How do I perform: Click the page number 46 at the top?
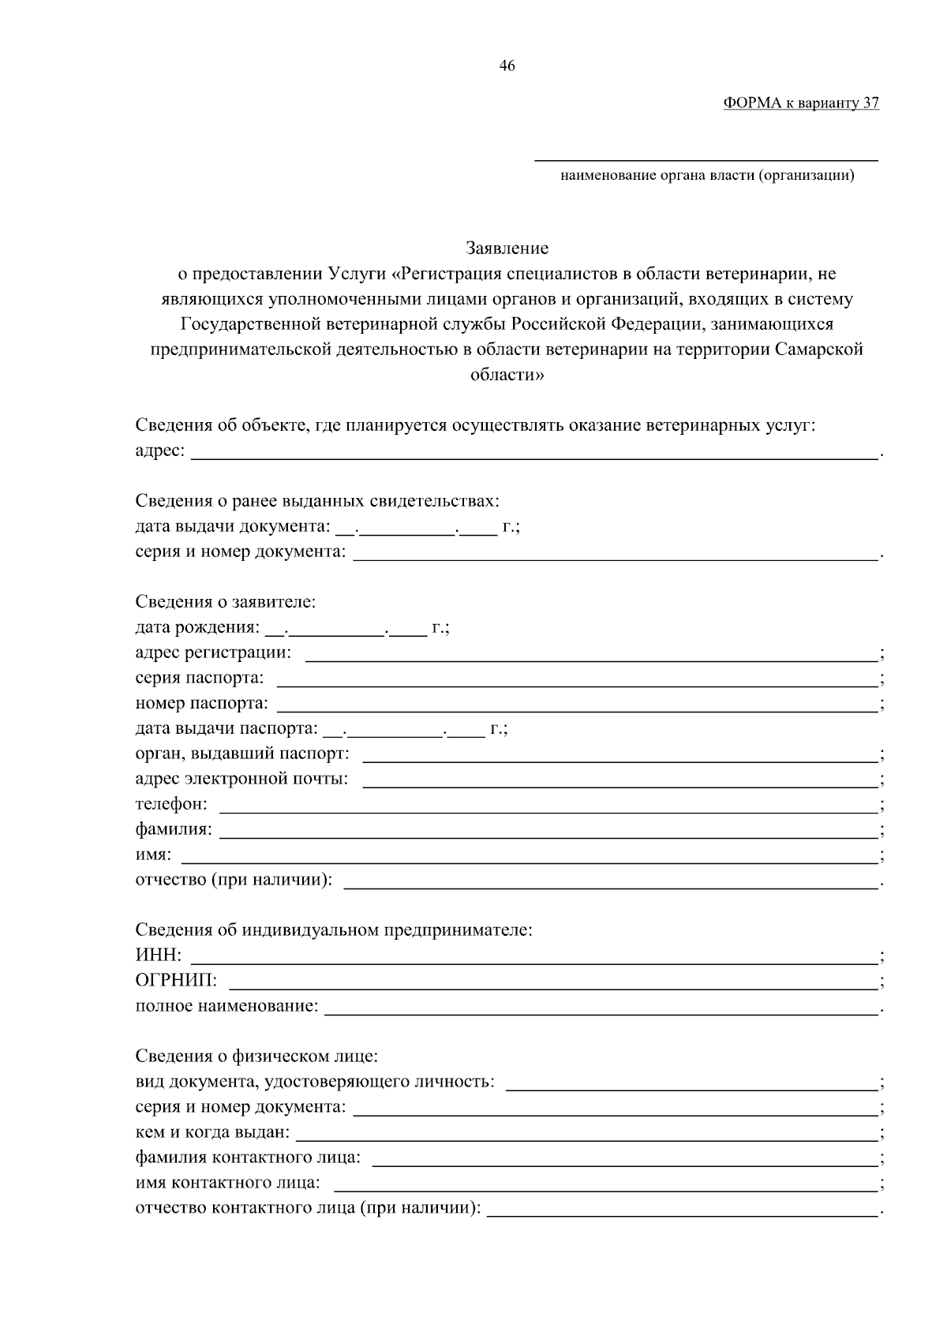pos(507,66)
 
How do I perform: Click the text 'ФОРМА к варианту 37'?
pos(800,103)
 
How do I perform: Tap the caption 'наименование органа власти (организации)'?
pos(707,175)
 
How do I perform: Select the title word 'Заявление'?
pos(507,249)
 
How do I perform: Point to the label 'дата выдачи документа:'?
pos(233,526)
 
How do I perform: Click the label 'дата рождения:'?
pos(197,628)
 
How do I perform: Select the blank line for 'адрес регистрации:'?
pos(592,654)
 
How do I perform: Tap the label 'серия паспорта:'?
pos(200,679)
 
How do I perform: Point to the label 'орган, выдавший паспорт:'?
pos(242,754)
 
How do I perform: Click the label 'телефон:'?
pos(172,804)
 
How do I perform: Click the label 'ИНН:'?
pos(159,956)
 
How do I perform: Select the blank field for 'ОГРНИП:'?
pos(552,982)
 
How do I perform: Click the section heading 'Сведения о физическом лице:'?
pos(257,1056)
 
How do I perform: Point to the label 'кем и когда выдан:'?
pos(212,1133)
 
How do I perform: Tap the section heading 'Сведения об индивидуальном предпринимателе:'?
pos(334,930)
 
